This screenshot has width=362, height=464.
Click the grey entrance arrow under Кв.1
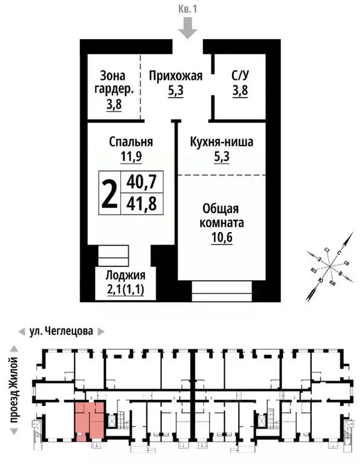click(189, 28)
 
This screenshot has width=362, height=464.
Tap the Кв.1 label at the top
click(189, 10)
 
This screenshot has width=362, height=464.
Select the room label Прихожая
click(175, 76)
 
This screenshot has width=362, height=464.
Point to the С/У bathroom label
click(240, 76)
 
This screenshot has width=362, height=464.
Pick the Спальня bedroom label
click(131, 142)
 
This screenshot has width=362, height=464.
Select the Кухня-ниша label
click(221, 143)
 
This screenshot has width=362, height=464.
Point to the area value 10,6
click(223, 237)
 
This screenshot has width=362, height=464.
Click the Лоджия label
click(124, 274)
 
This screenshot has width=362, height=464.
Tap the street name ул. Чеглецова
click(62, 332)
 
